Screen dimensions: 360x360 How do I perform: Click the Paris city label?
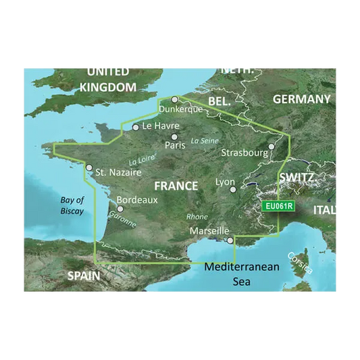pos(176,145)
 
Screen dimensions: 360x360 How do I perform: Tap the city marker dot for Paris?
pos(175,136)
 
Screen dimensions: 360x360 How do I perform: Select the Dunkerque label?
pos(180,109)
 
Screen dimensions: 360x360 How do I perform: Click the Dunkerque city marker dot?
pos(175,99)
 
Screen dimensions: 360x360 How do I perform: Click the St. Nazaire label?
pos(118,172)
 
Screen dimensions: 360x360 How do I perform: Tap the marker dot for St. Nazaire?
pos(88,168)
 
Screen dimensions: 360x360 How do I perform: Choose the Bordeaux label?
pos(137,200)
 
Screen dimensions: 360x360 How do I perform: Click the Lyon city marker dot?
pos(233,190)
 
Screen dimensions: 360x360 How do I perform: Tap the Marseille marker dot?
pos(230,240)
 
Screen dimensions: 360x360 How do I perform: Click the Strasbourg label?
pos(245,153)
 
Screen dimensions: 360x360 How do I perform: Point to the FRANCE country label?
pos(176,186)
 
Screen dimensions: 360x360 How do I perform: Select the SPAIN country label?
pos(84,276)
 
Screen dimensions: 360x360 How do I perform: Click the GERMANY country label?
pos(301,99)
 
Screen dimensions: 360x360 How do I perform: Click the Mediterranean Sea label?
pos(242,274)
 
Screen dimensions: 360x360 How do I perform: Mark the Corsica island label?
pos(300,263)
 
